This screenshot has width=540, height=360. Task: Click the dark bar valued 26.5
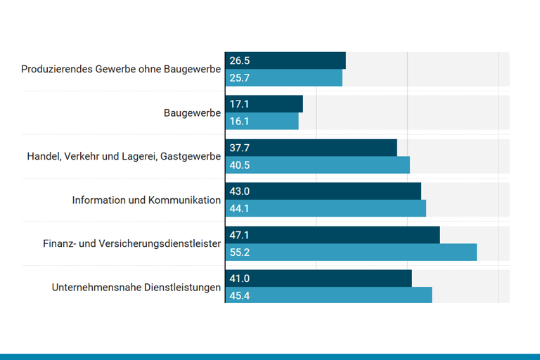coord(285,60)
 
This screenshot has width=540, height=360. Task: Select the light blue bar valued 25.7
coord(283,77)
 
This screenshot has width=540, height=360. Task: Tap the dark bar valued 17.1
coord(264,104)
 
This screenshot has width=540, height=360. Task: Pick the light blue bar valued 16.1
coord(262,121)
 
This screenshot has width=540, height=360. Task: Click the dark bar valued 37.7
coord(311,148)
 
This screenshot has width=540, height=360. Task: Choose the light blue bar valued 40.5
coord(317,165)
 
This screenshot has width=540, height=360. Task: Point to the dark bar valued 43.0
coord(323,191)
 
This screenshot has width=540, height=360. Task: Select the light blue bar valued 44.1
coord(326,208)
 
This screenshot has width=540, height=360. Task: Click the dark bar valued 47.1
coord(332,235)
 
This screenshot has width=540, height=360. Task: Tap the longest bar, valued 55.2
coord(351,252)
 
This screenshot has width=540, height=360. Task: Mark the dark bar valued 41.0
coord(319,278)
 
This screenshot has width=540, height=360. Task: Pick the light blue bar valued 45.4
coord(328,295)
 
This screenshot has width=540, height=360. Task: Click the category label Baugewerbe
coord(192,112)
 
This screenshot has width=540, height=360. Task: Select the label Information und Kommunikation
coord(146,200)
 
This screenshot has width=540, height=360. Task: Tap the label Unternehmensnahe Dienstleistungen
coord(136,287)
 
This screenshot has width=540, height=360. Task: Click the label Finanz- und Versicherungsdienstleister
coord(132,243)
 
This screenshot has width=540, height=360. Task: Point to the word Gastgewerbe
coord(191,156)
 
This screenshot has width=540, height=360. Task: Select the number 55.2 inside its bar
coord(240,252)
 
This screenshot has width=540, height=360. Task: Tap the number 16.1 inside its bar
coord(239,121)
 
